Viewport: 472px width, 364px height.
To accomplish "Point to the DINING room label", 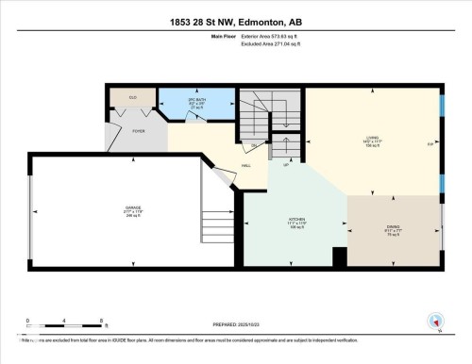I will (393, 228).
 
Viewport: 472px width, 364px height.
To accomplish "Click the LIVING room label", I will (373, 141).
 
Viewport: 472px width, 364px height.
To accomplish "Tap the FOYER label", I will (138, 133).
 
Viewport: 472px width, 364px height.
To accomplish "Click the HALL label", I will (246, 165).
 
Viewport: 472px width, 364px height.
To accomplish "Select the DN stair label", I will (251, 145).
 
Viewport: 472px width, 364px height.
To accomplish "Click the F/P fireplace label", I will (430, 144).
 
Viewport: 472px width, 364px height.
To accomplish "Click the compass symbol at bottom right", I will (435, 322).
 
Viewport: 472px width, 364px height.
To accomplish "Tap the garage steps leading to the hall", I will (217, 226).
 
